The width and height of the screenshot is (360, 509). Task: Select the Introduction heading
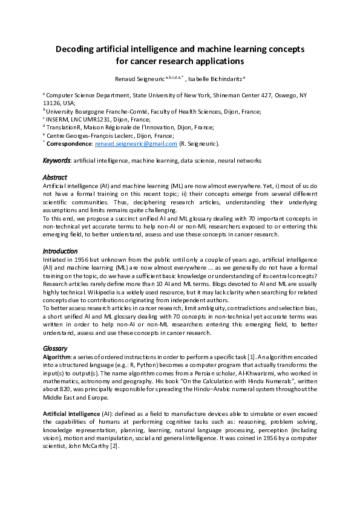pyautogui.click(x=59, y=251)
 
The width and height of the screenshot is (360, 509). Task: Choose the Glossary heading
pyautogui.click(x=55, y=349)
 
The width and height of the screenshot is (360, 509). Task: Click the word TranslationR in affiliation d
pyautogui.click(x=64, y=128)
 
